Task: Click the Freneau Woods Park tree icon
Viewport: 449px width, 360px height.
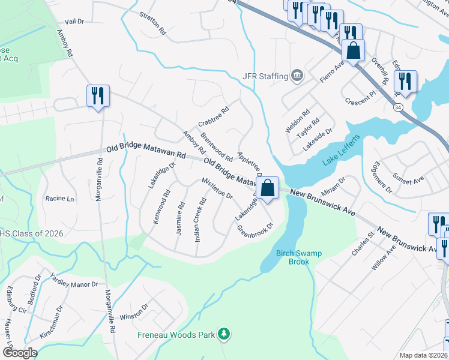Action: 224,333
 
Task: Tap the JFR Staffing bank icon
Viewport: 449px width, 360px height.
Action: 297,76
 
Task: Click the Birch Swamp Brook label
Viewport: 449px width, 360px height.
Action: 299,257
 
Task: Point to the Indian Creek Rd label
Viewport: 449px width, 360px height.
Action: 200,219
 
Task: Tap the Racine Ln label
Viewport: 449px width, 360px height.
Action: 59,199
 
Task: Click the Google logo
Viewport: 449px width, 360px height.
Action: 19,353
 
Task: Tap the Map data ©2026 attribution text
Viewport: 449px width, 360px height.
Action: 423,355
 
